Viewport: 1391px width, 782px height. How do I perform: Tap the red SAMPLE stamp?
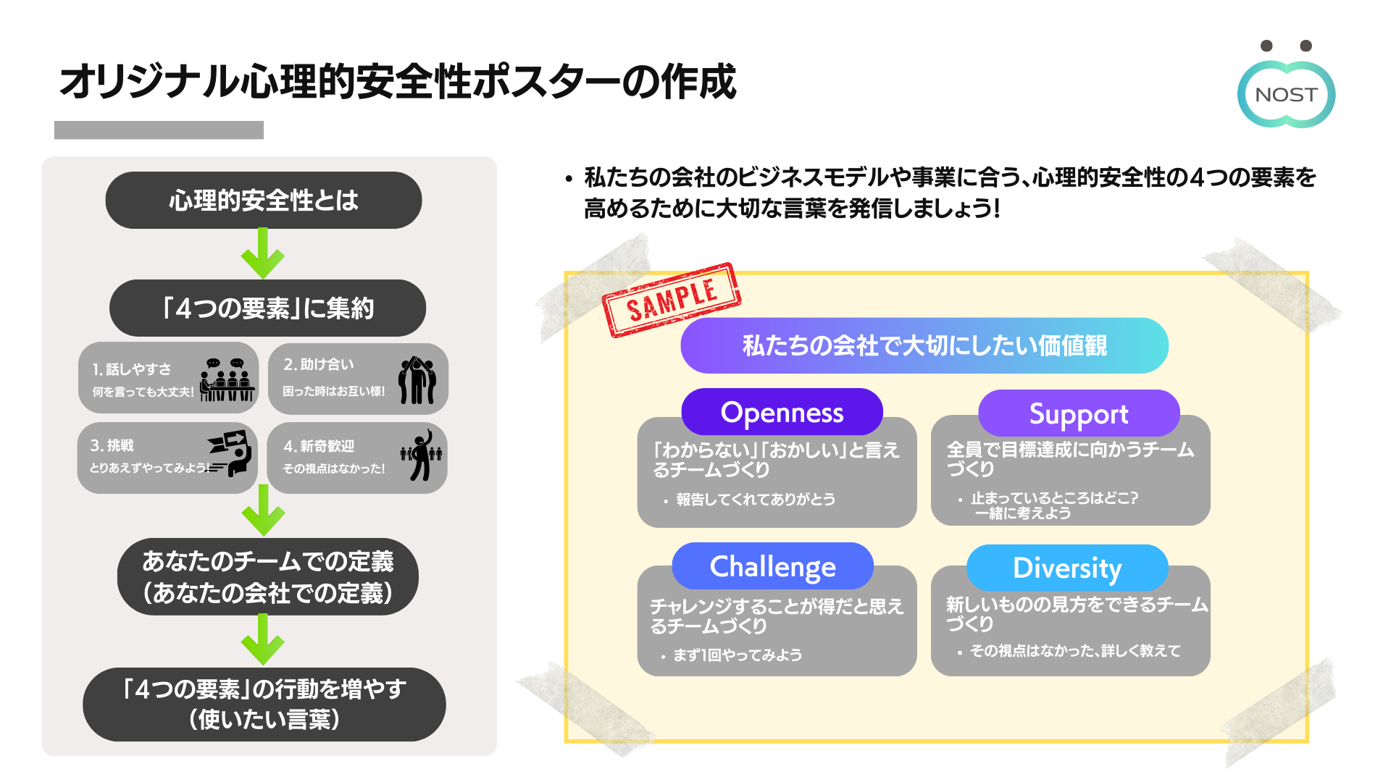(x=672, y=300)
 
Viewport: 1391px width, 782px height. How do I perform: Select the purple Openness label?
(x=782, y=412)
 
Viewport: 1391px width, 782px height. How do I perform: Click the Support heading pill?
(x=1079, y=413)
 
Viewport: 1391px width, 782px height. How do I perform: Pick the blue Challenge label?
(x=772, y=566)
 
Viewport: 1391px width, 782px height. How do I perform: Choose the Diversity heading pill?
(x=1067, y=568)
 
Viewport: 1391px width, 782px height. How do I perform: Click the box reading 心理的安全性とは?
(x=264, y=201)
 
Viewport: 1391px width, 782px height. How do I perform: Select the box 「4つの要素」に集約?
(x=267, y=308)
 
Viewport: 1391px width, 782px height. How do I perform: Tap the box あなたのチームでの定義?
(x=267, y=577)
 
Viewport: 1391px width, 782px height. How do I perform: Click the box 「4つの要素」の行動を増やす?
(x=264, y=704)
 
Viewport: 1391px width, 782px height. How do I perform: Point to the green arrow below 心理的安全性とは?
(x=263, y=254)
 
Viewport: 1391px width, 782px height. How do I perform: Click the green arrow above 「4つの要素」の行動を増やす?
(x=263, y=640)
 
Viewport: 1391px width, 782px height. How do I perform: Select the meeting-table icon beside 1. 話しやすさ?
(x=227, y=379)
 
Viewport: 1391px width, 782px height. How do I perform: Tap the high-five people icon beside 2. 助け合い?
(x=417, y=380)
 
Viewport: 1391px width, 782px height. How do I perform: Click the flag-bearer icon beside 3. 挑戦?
(x=230, y=453)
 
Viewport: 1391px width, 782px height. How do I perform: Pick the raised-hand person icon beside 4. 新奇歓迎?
(x=421, y=455)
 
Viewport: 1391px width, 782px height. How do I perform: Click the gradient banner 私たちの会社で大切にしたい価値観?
(x=924, y=346)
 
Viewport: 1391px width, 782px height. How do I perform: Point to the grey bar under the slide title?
(x=159, y=130)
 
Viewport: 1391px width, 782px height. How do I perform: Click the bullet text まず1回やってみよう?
(x=738, y=655)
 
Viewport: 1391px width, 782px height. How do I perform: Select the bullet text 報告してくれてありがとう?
(x=756, y=500)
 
